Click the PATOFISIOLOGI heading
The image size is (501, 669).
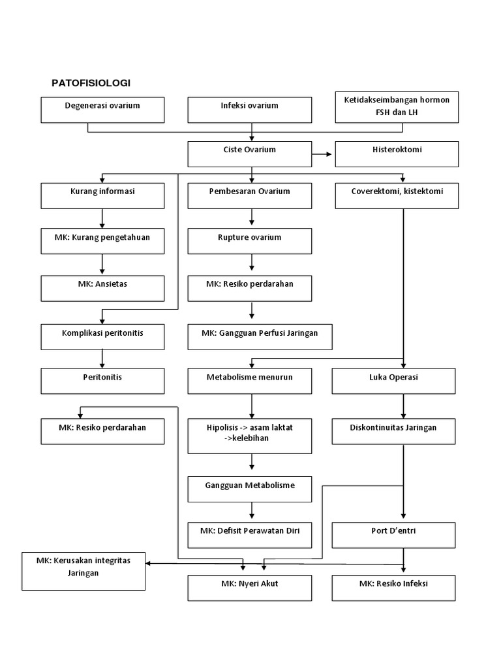[91, 83]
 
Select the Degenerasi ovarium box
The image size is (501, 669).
[102, 110]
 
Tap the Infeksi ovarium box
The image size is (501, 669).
[249, 110]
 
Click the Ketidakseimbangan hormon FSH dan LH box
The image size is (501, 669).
[397, 107]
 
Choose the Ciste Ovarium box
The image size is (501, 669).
[249, 154]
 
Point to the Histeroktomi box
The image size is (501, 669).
[397, 154]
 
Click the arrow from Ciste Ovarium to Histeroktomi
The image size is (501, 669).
[322, 154]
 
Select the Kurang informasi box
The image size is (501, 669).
[102, 195]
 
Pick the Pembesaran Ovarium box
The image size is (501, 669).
[249, 195]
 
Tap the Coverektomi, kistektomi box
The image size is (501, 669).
[397, 195]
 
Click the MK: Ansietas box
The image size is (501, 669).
[102, 288]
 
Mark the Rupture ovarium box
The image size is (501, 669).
[249, 241]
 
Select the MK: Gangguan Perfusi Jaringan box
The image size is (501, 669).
[260, 336]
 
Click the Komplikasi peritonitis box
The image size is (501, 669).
[102, 336]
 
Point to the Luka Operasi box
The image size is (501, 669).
[393, 381]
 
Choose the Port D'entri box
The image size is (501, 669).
[393, 534]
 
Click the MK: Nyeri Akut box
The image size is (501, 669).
[249, 587]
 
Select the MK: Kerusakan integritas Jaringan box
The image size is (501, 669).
[83, 570]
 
